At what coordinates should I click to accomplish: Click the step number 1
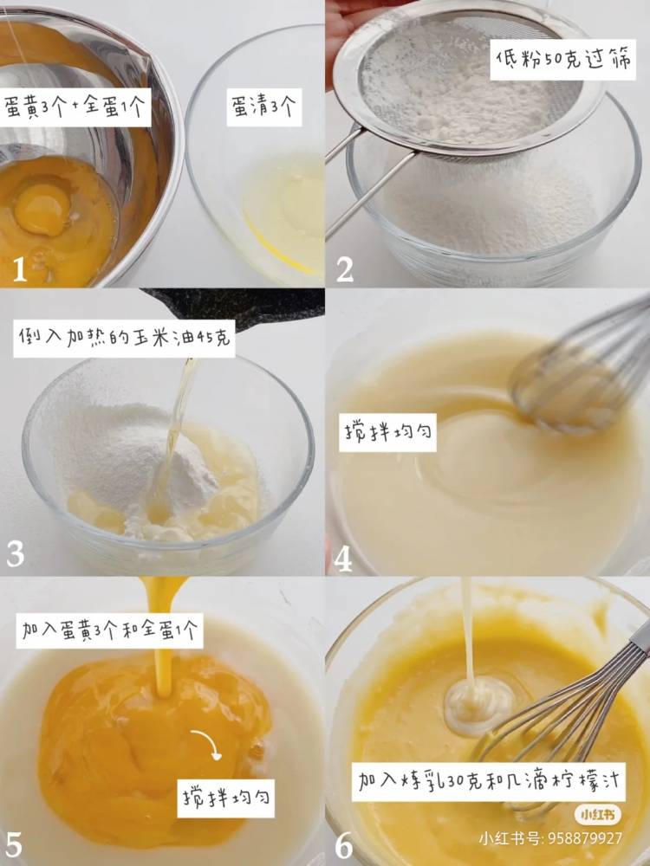pos(19,269)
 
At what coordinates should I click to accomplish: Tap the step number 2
pos(345,269)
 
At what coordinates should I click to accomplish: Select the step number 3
pos(16,554)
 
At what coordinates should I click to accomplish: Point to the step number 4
pos(343,559)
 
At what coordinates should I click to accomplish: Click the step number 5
pos(14,846)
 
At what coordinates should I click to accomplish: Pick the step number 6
pos(344,846)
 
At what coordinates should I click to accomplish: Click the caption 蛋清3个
pos(264,107)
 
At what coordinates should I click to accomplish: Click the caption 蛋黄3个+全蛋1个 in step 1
pos(75,107)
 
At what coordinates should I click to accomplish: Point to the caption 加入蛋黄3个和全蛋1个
pos(109,630)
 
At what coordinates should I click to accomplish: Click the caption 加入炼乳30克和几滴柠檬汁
pos(489,782)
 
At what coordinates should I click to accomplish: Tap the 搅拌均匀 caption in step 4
pos(387,432)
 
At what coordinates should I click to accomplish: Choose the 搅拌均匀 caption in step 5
pos(226,798)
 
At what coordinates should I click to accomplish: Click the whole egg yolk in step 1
pos(42,210)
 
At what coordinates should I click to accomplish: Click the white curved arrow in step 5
pos(208,742)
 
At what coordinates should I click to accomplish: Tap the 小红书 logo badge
pos(597,815)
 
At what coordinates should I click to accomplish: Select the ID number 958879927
pos(584,839)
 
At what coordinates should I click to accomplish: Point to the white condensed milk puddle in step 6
pos(478,706)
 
